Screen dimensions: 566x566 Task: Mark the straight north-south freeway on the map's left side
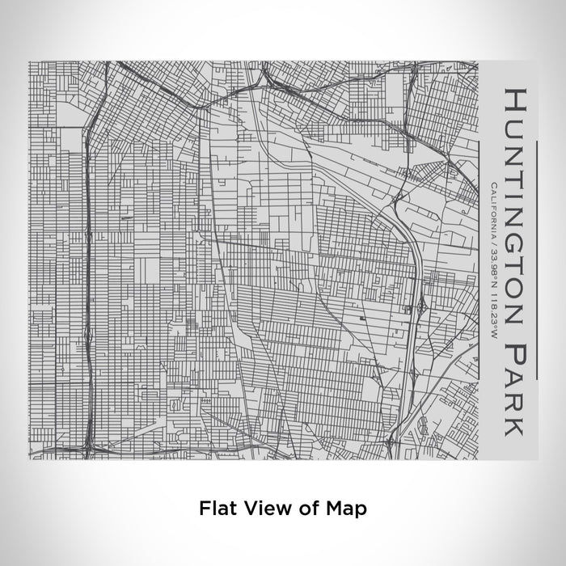click(87, 283)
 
